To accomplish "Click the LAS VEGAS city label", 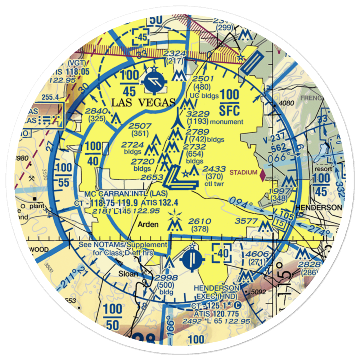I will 143,102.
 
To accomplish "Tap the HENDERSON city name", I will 318,208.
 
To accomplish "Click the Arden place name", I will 148,225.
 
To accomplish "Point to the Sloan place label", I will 129,274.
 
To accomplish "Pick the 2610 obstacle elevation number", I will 199,221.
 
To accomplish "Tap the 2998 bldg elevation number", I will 166,278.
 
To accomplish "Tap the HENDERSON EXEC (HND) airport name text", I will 216,292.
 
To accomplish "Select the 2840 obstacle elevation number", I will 97,111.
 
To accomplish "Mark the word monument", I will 227,122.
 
